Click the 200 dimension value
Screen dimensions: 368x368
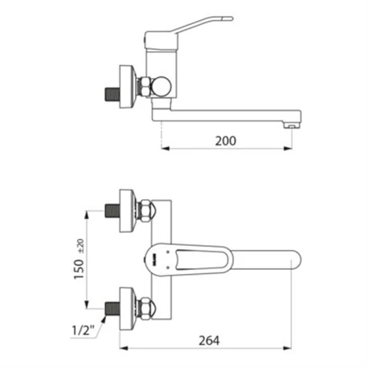[x=226, y=141]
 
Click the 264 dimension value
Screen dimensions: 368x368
[x=209, y=341]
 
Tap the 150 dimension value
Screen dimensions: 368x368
[x=79, y=269]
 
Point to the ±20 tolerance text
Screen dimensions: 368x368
[x=81, y=246]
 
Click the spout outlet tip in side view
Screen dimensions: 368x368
[x=292, y=125]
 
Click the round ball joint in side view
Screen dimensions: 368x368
[x=160, y=86]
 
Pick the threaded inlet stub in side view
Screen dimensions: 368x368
[x=112, y=95]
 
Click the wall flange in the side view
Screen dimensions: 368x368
[x=128, y=87]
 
